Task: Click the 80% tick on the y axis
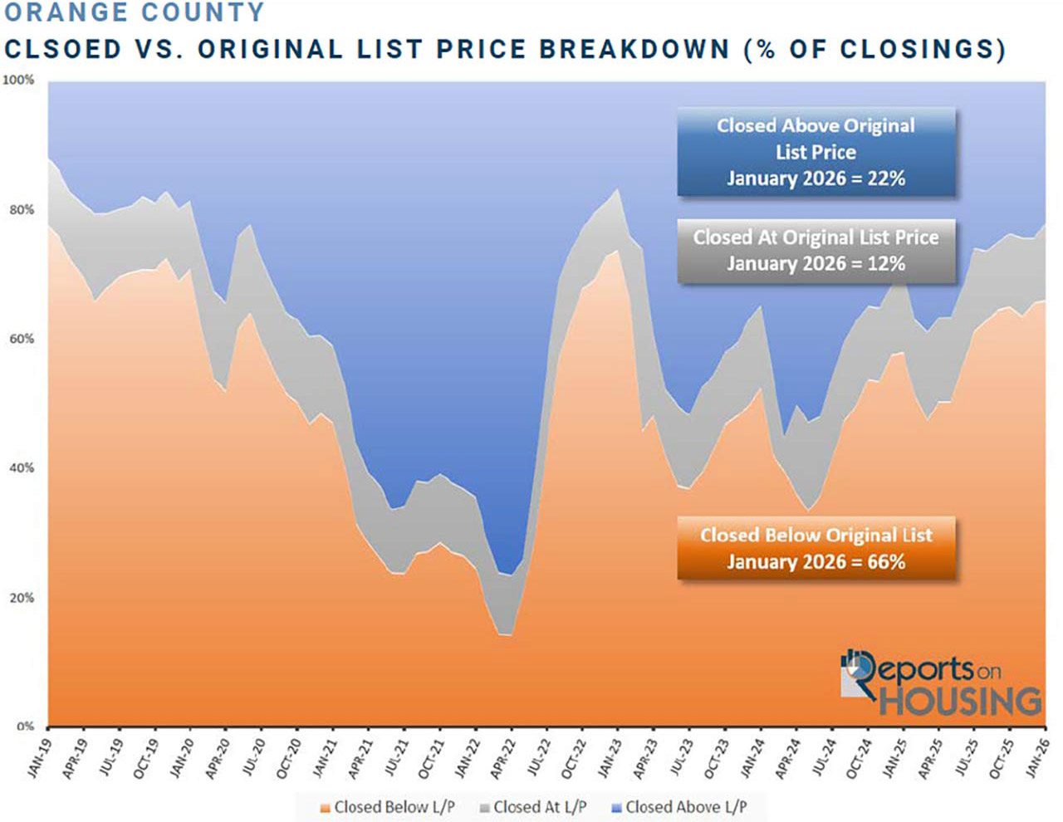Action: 22,210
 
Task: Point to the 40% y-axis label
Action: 22,468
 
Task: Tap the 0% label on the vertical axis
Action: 25,727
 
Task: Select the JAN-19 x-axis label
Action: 39,757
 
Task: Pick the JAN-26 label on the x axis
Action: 1037,757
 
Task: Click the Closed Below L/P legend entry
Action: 387,807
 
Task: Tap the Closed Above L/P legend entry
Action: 678,807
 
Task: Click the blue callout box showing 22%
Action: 816,152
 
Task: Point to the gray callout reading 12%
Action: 816,251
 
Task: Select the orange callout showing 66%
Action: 816,549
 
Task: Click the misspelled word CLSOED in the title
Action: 63,49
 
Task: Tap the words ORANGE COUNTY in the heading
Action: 134,12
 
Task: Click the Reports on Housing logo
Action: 940,683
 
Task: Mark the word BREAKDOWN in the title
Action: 634,49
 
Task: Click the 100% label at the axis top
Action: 18,81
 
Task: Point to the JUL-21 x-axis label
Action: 396,759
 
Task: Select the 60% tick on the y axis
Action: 22,339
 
